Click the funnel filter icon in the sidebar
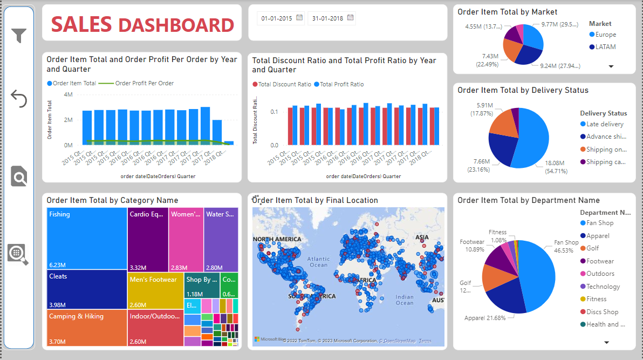[x=19, y=36]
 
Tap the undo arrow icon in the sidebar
[x=19, y=99]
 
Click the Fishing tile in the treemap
[x=86, y=238]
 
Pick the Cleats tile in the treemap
[x=86, y=289]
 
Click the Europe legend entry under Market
[x=605, y=35]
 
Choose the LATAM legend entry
[x=605, y=47]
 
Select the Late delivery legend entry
[x=605, y=124]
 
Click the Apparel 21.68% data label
[x=485, y=318]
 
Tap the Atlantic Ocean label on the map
[x=318, y=262]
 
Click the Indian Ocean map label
[x=404, y=300]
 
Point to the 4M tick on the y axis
[x=68, y=94]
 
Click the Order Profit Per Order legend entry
[x=144, y=83]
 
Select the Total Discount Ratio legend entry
[x=284, y=84]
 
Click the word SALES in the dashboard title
[x=81, y=25]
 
